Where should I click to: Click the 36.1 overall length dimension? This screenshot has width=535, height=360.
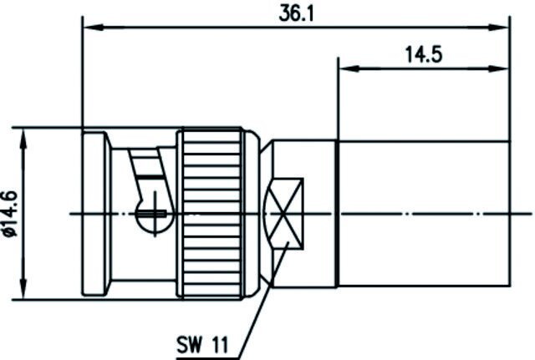(296, 15)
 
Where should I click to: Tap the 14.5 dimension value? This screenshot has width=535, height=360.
(424, 54)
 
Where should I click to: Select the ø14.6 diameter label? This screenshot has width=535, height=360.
(10, 214)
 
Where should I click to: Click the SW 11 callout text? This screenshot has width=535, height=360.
(202, 344)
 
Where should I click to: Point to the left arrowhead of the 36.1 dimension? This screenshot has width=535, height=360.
(94, 28)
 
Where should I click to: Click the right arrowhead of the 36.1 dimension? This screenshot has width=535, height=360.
(499, 28)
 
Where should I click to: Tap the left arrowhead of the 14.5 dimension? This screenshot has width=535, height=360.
(349, 68)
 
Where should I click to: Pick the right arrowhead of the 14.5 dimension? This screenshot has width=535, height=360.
(499, 68)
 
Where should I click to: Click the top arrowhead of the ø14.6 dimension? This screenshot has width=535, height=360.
(23, 139)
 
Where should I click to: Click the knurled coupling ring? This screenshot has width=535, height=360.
(211, 214)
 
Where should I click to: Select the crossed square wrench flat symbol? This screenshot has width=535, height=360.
(284, 214)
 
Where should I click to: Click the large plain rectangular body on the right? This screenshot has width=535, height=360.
(424, 214)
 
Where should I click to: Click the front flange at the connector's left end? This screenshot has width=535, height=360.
(94, 214)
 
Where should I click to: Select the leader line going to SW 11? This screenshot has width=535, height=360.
(262, 300)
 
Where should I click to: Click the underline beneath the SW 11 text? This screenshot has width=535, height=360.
(206, 358)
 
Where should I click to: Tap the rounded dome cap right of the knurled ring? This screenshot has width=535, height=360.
(253, 214)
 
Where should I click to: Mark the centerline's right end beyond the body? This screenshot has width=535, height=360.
(532, 214)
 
